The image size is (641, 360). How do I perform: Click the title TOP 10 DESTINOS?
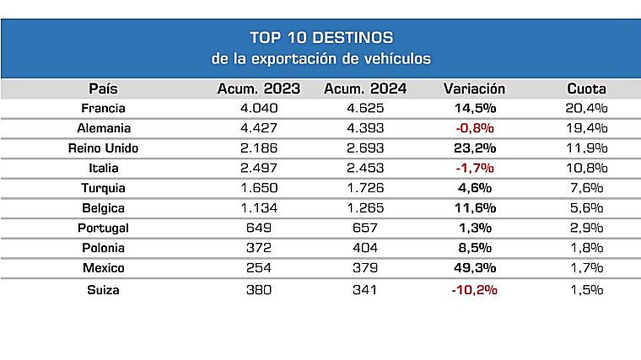[320, 38]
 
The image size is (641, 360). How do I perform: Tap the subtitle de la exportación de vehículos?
[320, 59]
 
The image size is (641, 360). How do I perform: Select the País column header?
[104, 89]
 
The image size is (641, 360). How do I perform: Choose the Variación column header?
[474, 89]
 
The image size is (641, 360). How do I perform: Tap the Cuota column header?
[586, 89]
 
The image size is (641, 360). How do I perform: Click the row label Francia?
[104, 108]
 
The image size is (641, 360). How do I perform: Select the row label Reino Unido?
[103, 148]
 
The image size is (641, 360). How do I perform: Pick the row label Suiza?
[104, 289]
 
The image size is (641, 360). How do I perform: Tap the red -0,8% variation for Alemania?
[474, 128]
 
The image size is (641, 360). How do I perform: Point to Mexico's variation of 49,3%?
[474, 269]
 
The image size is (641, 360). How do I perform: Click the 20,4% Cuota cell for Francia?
[586, 108]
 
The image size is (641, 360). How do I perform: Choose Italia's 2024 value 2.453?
[365, 169]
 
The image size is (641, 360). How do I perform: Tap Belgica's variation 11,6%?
[474, 209]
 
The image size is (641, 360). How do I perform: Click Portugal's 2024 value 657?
[365, 228]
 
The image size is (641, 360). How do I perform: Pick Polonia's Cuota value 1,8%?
[586, 249]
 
